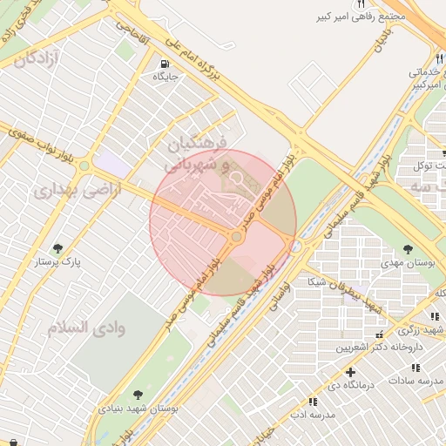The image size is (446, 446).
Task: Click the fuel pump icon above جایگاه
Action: coord(164,64)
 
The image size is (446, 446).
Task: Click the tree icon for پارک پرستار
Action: coord(58,248)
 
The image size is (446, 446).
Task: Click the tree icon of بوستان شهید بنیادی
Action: coord(138,395)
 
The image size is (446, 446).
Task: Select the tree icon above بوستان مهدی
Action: coord(408,249)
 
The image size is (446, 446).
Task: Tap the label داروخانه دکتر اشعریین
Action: coord(380,347)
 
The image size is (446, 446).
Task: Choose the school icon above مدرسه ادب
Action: coord(312,401)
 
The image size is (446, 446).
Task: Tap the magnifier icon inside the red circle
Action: coord(237,180)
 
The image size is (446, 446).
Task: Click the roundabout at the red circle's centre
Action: coord(236,237)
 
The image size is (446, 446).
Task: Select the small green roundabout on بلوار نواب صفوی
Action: coord(84,166)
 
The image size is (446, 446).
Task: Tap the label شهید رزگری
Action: coord(421,330)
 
